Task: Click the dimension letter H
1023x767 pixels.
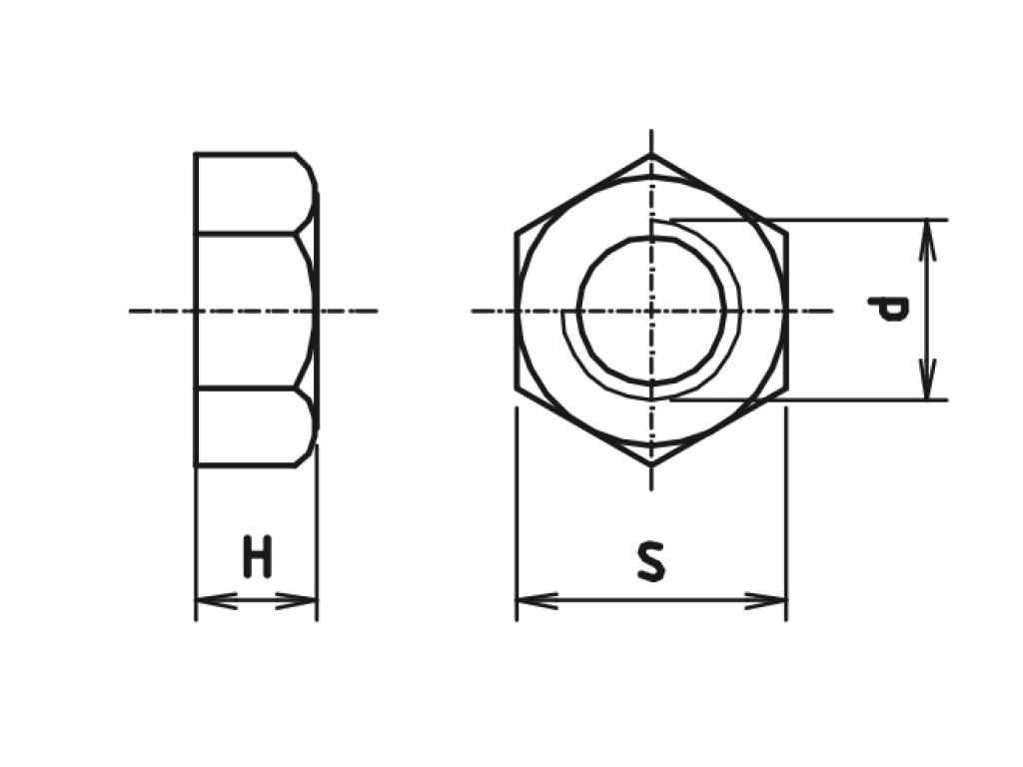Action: coord(258,556)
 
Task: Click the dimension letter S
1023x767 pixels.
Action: coord(651,561)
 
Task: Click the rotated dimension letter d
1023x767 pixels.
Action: coord(887,310)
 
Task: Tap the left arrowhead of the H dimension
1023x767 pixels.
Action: coord(216,600)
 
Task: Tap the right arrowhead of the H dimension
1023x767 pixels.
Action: coord(297,600)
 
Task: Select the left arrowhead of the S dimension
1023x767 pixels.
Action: coord(536,600)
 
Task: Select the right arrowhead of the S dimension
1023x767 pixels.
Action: coord(766,600)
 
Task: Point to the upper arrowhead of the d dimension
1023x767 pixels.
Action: coord(927,241)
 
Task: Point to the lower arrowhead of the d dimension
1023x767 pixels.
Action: coord(927,379)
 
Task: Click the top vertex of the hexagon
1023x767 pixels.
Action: coord(651,155)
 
